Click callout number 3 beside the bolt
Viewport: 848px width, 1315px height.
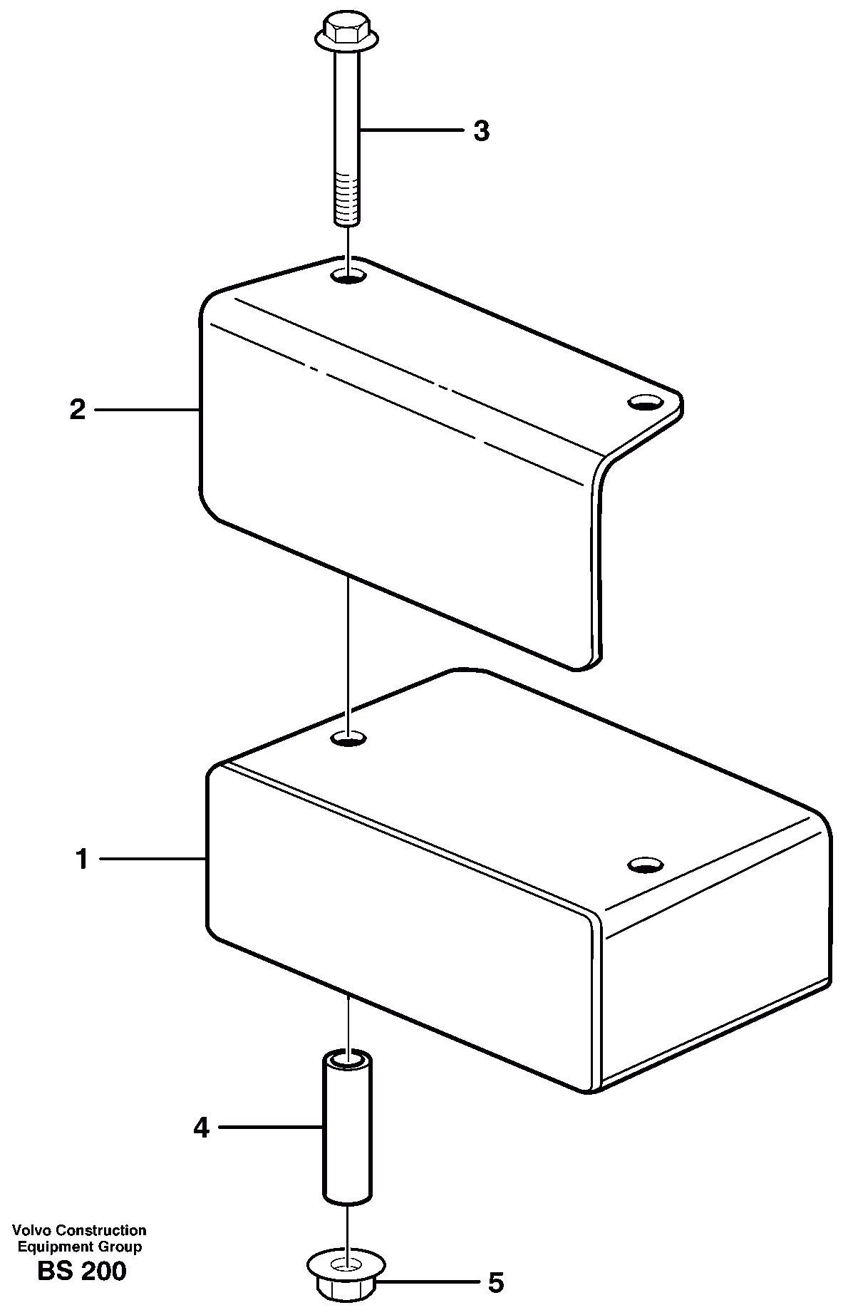coord(482,131)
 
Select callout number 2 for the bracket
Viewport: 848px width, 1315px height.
coord(78,410)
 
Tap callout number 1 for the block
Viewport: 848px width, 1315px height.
coord(83,860)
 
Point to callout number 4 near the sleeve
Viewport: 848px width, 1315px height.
coord(202,1128)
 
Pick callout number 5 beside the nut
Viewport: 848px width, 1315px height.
coord(496,1283)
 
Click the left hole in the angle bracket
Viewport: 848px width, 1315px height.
coord(347,276)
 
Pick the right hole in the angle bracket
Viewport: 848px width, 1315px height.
coord(643,403)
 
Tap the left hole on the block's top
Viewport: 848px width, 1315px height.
coord(347,738)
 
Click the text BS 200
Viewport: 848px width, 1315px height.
coord(82,1271)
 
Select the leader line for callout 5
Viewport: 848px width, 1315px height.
coord(428,1283)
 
